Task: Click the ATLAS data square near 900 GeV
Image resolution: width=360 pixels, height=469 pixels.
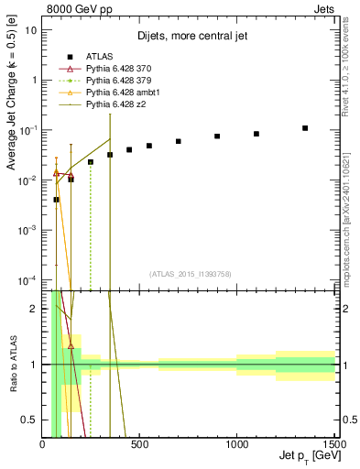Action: click(x=217, y=136)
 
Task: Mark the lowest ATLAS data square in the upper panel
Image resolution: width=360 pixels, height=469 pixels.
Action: click(x=56, y=200)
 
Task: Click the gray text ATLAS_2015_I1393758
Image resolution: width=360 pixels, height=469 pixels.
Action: click(x=190, y=273)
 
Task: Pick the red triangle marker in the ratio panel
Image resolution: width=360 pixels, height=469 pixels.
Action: click(x=71, y=346)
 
